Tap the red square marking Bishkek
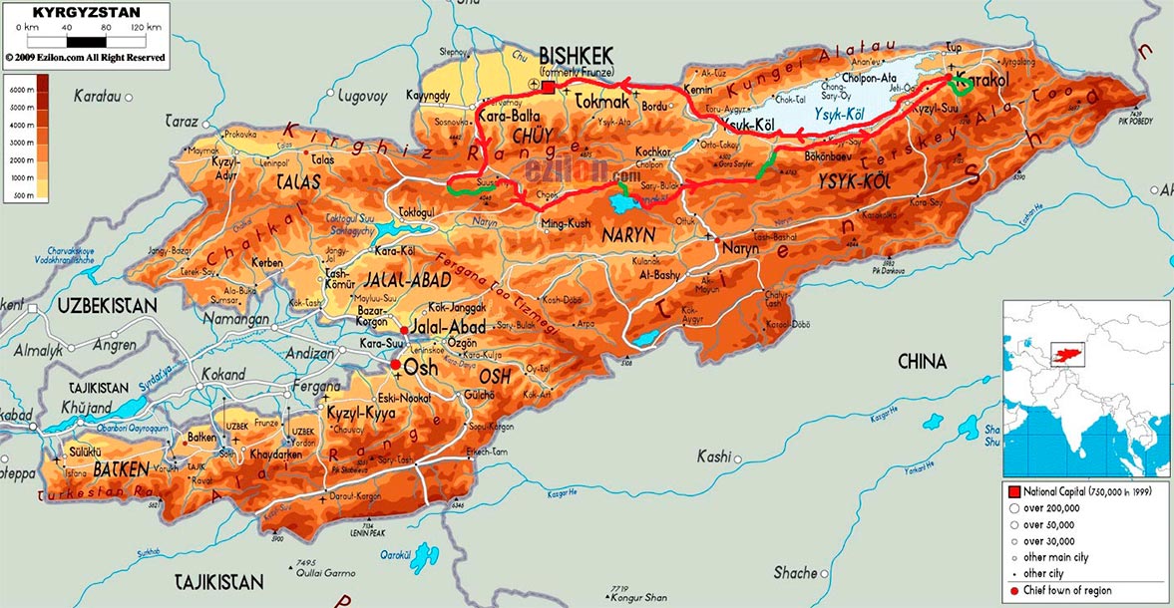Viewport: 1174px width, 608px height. [548, 89]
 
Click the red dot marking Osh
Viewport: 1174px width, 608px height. [396, 366]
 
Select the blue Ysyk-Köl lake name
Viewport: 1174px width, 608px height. [838, 115]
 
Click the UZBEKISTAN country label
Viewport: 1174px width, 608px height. [106, 304]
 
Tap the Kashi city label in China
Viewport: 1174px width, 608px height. [714, 456]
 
